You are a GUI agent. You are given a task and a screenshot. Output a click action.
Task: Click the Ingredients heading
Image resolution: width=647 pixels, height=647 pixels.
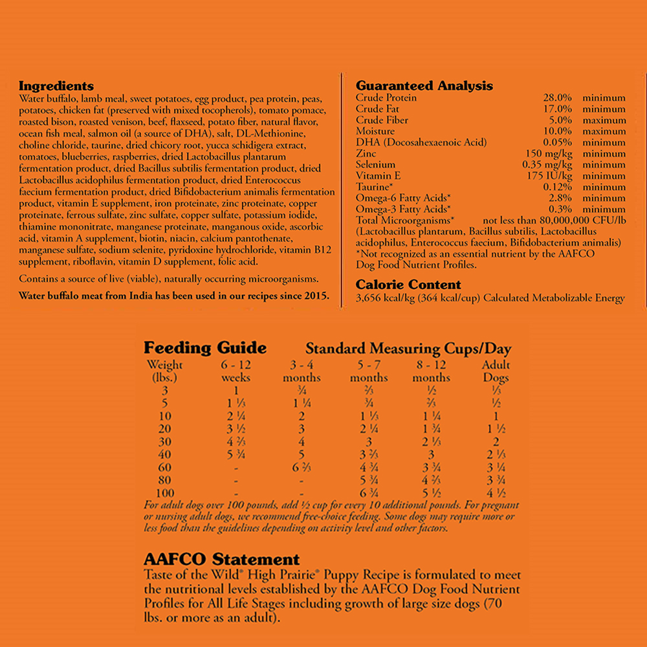click(56, 86)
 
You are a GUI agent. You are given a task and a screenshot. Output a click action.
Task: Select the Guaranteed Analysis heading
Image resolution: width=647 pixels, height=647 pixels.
click(424, 86)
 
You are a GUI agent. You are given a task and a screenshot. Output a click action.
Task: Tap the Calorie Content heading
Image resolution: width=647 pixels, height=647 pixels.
click(408, 285)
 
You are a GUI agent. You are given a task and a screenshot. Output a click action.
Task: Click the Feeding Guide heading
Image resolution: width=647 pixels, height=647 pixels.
click(204, 348)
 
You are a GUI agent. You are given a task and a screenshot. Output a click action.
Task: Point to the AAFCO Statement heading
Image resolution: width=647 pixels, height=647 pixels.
click(221, 560)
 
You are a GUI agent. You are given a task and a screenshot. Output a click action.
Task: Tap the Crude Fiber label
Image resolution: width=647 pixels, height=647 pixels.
click(382, 120)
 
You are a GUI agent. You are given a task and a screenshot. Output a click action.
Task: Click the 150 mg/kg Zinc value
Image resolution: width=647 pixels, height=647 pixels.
click(548, 153)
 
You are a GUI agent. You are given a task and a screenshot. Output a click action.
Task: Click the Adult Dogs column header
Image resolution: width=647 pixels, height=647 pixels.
click(496, 371)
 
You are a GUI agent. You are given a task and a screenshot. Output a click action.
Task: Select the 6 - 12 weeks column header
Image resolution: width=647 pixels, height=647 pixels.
click(236, 371)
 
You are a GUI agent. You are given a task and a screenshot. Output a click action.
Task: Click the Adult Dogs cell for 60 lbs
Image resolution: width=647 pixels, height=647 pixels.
click(496, 467)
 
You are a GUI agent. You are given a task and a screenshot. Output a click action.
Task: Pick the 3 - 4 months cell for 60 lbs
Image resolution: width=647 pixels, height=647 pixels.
click(302, 467)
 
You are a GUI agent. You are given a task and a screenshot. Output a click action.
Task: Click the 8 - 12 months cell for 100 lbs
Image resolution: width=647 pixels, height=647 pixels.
click(432, 493)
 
